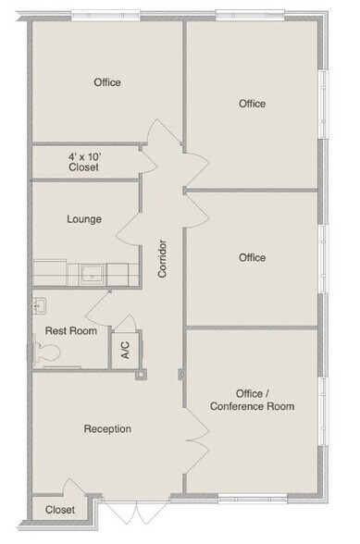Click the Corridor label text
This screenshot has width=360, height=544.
(x=163, y=259)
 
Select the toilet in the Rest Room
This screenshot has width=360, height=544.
(x=47, y=352)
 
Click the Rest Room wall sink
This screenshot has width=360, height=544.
(x=40, y=306)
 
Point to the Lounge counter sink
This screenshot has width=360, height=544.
(x=93, y=274)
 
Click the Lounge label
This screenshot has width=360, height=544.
(x=84, y=219)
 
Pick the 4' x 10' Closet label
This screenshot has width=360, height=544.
(x=84, y=163)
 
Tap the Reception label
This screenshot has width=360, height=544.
(x=107, y=428)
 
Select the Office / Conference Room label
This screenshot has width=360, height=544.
(x=252, y=401)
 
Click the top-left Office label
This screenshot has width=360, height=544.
(x=107, y=82)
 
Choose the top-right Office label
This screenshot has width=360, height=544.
(x=252, y=104)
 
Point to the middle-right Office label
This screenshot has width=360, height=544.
(x=252, y=257)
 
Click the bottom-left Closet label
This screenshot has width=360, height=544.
(x=60, y=509)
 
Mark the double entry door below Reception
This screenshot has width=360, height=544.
(x=120, y=512)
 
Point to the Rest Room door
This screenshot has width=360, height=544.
(x=100, y=310)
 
